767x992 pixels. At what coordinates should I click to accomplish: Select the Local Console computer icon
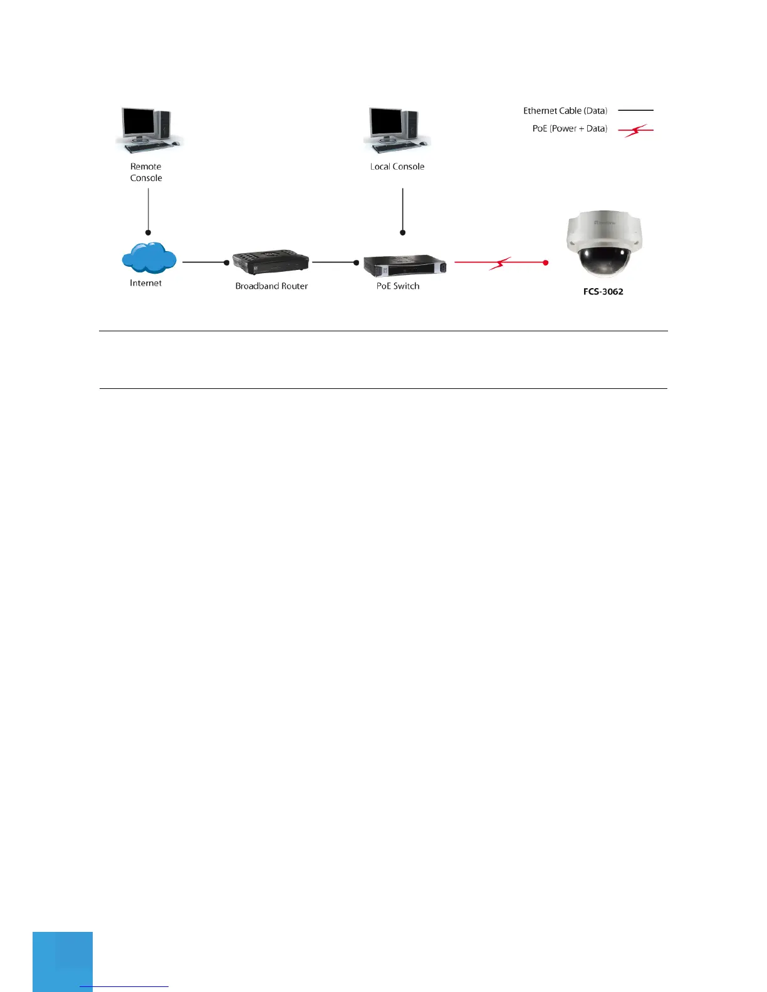coord(397,130)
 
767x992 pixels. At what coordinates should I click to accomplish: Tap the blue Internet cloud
coord(149,258)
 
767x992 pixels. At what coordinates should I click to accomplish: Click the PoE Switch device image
coord(404,266)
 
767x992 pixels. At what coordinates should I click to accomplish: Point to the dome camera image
coord(603,244)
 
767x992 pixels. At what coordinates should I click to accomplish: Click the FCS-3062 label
coord(603,292)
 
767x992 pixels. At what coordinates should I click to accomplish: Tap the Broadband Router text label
coord(271,286)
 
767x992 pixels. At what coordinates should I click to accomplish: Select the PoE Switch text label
coord(398,286)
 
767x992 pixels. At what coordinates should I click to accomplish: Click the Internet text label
coord(145,283)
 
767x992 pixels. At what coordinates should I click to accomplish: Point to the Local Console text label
coord(397,167)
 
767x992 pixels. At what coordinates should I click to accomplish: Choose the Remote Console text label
coord(146,172)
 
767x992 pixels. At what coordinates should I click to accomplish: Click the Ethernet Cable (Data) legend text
coord(565,111)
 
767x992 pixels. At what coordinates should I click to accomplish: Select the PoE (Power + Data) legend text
coord(570,128)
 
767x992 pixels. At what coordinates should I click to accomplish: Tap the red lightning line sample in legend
coord(635,130)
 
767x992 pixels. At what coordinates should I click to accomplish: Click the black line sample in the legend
coord(635,110)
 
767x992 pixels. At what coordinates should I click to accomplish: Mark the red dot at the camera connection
coord(546,262)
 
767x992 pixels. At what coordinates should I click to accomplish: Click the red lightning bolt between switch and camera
coord(499,263)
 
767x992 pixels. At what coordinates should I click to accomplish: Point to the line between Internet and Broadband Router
coord(204,262)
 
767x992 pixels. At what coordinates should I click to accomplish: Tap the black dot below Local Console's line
coord(403,233)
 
